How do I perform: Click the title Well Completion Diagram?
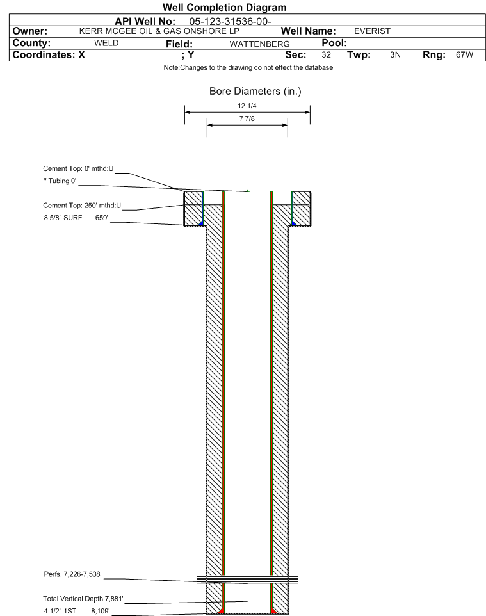pos(224,8)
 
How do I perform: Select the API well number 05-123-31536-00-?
pos(231,21)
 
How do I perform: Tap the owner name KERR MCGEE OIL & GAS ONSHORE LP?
pos(159,31)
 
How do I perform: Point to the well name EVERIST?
pos(372,31)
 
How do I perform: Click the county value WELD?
pos(106,43)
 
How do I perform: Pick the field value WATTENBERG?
pos(260,44)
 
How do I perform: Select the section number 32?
pos(326,54)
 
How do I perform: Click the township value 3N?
pos(395,54)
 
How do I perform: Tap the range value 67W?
pos(464,54)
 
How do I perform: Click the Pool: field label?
pos(334,43)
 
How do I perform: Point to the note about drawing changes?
pos(248,68)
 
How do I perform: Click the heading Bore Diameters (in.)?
pos(255,91)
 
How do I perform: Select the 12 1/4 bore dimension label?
pos(247,106)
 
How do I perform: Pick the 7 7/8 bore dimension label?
pos(247,118)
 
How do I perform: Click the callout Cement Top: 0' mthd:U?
pos(78,168)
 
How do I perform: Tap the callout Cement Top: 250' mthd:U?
pos(82,206)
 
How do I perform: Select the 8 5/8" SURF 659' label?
pos(76,218)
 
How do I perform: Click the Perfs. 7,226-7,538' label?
pos(73,574)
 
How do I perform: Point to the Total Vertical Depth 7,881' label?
pos(83,599)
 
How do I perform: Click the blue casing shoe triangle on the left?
pos(201,223)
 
